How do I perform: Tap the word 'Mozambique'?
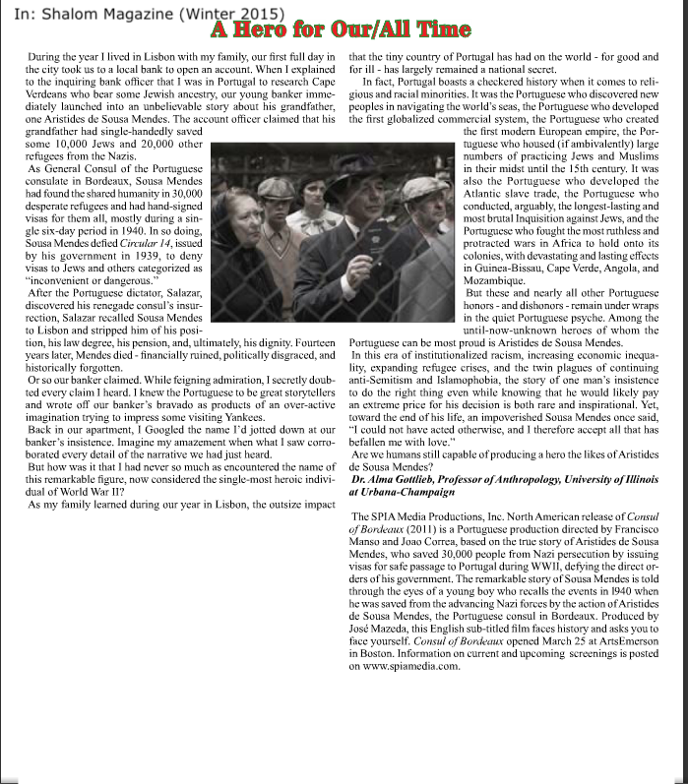point(499,280)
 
